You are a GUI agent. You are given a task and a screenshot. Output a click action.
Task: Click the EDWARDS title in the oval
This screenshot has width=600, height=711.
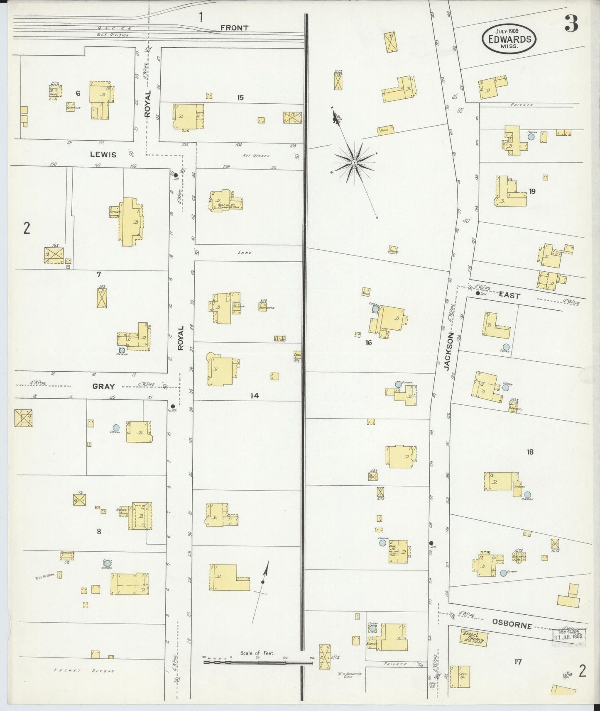[x=509, y=39]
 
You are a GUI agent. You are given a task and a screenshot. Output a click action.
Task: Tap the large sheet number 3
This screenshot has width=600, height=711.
[x=571, y=25]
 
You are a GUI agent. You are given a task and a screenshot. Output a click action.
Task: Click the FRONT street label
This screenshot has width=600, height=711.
[x=234, y=28]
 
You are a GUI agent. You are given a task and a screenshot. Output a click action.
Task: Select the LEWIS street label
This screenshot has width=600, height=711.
[x=103, y=155]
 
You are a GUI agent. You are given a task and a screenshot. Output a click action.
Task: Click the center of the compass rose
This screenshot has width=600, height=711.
[x=354, y=163]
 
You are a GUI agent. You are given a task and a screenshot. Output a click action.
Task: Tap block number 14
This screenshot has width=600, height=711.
[x=254, y=396]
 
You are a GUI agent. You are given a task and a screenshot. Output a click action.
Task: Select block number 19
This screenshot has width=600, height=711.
[x=532, y=191]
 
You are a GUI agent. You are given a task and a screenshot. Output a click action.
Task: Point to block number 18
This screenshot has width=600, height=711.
[x=530, y=452]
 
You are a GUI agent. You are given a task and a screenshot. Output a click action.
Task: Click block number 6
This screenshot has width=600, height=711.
[x=78, y=94]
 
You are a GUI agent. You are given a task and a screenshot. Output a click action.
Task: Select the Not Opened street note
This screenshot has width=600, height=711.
[x=256, y=156]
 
